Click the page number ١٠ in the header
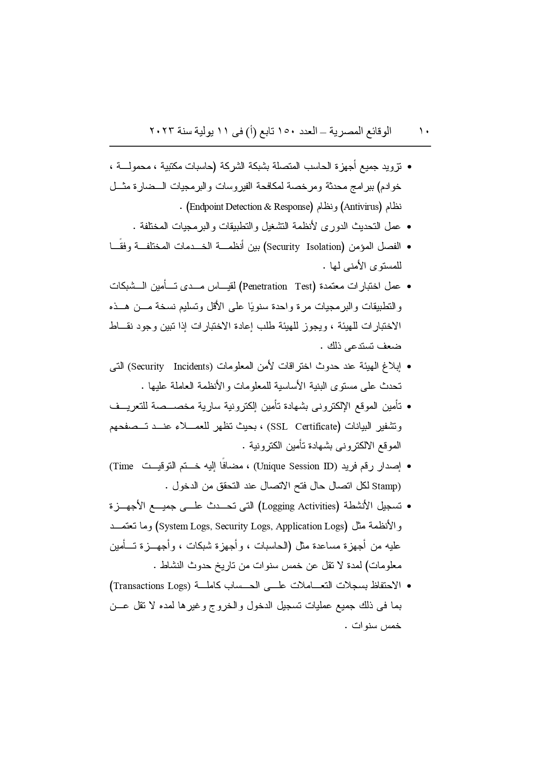[x=424, y=131]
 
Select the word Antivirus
[x=361, y=207]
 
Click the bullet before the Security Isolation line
[x=409, y=247]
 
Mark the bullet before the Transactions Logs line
[x=409, y=586]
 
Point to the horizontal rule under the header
[x=270, y=146]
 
